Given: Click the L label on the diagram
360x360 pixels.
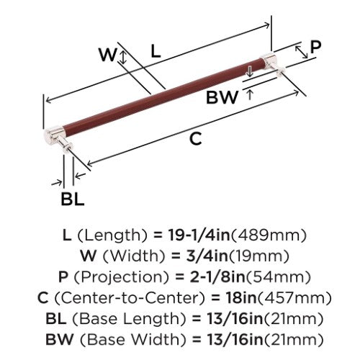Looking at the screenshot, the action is pos(156,52).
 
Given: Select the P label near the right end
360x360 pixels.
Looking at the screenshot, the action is pos(315,47).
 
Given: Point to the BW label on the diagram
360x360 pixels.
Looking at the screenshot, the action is pos(222,97).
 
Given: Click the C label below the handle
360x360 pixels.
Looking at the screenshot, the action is pos(196,139).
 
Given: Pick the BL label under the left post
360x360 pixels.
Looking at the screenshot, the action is pos(73,199).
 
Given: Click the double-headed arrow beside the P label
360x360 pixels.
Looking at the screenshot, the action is pos(302,52).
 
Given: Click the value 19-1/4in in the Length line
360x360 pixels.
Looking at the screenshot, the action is pos(199,235).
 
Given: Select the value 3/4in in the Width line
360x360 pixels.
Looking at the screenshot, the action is pos(207,256).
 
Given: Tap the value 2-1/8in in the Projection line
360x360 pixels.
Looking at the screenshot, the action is pos(217,276).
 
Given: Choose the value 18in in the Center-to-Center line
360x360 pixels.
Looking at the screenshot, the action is pos(241,297).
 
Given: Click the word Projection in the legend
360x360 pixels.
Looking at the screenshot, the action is pos(122,277).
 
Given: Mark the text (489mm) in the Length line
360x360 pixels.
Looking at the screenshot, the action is pos(269,235).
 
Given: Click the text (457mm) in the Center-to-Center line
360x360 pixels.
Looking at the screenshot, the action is pos(294,298).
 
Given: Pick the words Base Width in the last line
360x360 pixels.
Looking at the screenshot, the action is pos(132,340).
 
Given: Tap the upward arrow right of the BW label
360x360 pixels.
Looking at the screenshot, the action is pos(250,94).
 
